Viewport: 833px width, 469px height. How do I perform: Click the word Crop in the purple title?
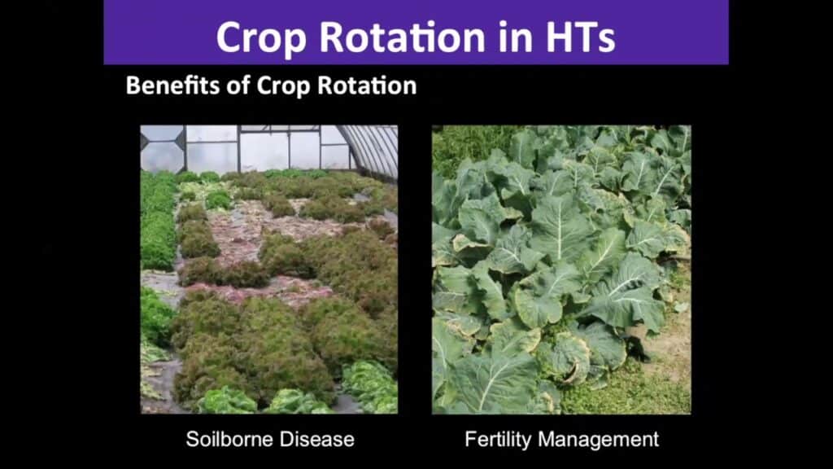[260, 38]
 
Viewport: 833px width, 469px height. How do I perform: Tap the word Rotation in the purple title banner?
[402, 37]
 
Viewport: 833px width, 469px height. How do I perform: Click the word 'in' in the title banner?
[516, 37]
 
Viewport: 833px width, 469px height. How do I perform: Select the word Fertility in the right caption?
[498, 440]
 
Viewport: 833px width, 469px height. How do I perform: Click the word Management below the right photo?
[598, 440]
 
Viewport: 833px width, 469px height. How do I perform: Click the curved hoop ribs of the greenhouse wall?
[372, 149]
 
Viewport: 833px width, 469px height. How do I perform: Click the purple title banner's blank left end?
[159, 33]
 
